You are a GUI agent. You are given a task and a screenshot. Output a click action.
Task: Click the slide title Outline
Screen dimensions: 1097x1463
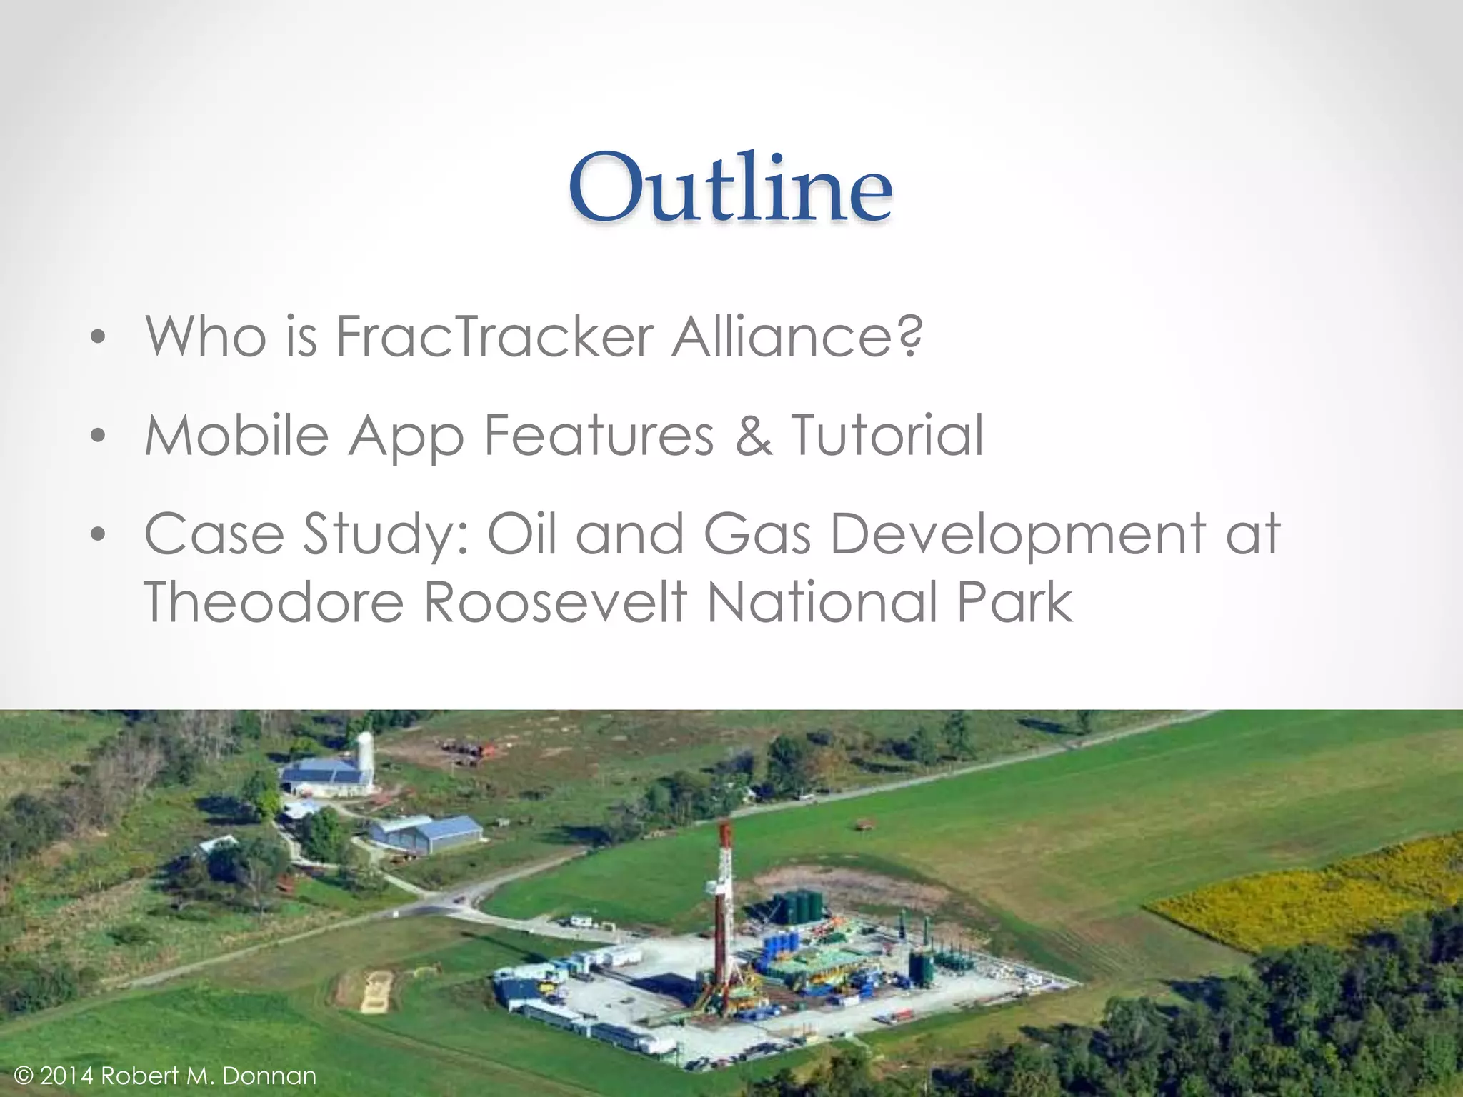[x=730, y=189]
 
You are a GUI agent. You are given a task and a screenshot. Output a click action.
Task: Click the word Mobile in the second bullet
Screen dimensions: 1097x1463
[x=236, y=435]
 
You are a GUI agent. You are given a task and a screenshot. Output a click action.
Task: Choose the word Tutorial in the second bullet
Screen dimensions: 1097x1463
[x=887, y=435]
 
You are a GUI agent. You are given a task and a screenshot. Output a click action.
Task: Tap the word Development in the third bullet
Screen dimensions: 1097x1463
[x=1018, y=534]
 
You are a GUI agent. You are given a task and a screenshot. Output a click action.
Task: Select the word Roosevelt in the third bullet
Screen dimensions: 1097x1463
[x=555, y=602]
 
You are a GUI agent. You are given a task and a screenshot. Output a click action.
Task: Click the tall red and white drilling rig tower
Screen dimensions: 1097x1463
[x=723, y=914]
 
